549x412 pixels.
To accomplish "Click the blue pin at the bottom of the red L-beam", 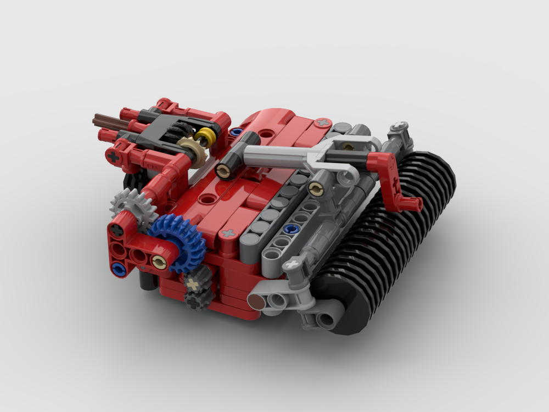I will point(116,268).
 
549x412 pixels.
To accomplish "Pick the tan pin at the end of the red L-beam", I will point(160,262).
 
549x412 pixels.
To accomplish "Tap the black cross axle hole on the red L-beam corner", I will point(117,231).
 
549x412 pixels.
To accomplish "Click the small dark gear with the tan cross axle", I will point(193,283).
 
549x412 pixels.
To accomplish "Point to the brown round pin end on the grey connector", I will point(256,301).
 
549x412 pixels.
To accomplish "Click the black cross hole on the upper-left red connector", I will point(114,157).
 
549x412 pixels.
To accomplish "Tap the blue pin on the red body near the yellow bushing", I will point(236,132).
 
